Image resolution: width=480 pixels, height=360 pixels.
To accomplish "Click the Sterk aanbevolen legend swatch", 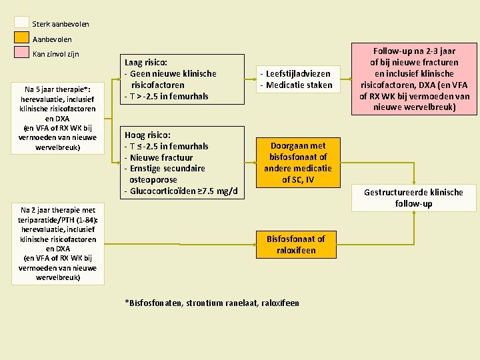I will click(22, 22).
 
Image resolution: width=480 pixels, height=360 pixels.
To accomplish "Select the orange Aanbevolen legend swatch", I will click(22, 38).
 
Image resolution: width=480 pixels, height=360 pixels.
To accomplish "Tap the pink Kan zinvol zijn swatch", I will click(22, 53).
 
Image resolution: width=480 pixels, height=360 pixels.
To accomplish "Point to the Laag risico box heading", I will click(145, 62).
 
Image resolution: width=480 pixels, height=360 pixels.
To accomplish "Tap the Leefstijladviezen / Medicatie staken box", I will click(296, 79).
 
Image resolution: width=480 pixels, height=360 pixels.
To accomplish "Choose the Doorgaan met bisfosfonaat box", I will click(297, 163).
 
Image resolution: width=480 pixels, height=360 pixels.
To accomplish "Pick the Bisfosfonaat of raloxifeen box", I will click(295, 244).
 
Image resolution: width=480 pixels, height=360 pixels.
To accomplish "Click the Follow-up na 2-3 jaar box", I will click(414, 79).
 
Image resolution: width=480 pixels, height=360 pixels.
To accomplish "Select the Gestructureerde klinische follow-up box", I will click(413, 197).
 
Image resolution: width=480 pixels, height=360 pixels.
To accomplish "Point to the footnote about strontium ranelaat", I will click(211, 303).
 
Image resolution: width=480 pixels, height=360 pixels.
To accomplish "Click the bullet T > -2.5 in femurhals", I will click(166, 96).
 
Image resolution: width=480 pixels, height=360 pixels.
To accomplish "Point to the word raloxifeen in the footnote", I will click(279, 303).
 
